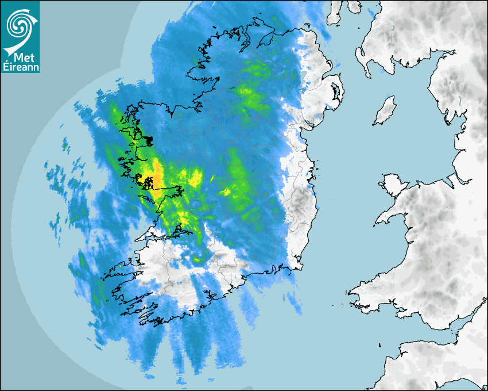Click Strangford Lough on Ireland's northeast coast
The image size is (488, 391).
[335, 92]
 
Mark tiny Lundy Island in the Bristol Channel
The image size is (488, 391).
[380, 344]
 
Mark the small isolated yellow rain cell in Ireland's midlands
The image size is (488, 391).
[226, 191]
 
